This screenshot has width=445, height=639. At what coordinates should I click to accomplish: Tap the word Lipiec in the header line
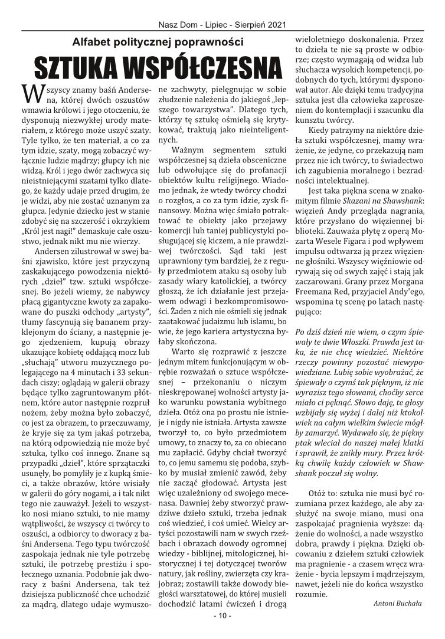[213, 25]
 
